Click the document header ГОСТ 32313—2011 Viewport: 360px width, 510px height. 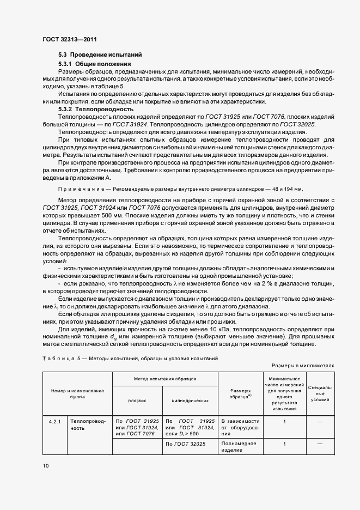point(69,39)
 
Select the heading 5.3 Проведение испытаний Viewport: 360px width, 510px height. point(100,55)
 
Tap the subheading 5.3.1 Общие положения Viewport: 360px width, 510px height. point(95,64)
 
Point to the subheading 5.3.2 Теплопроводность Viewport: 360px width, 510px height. point(95,109)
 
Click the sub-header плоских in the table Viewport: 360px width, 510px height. point(137,400)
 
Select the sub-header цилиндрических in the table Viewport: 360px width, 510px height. point(190,400)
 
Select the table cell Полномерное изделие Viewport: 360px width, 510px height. point(239,447)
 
